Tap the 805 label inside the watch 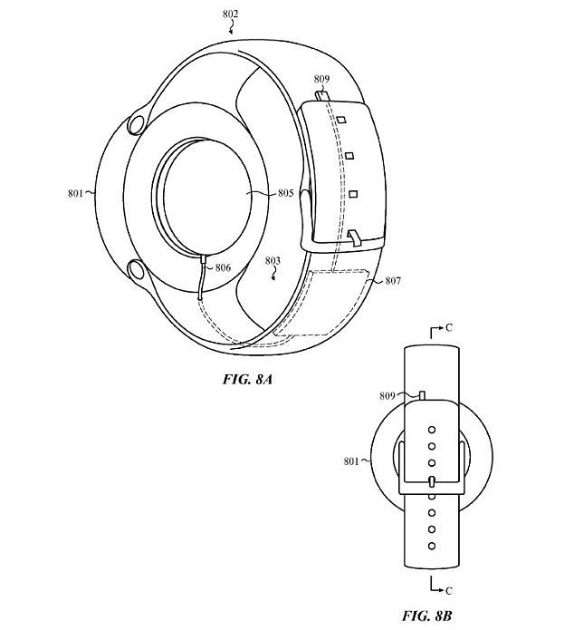pos(285,192)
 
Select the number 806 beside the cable pos(222,267)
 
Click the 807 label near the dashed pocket pos(393,280)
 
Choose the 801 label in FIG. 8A pos(74,192)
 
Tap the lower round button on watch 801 pos(137,269)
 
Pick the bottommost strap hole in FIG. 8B pos(432,545)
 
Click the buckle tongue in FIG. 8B pos(432,480)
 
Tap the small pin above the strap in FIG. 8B pos(422,393)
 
